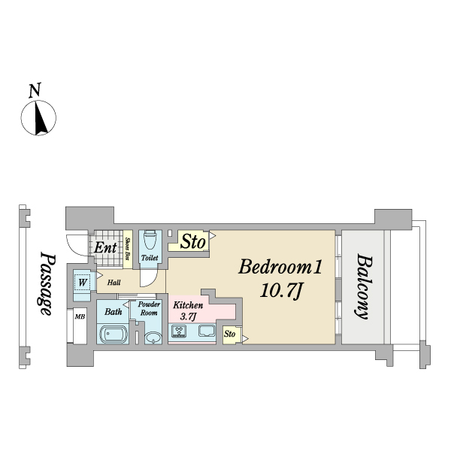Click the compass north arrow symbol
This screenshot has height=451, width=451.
(38, 118)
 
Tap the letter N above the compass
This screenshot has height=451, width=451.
(35, 90)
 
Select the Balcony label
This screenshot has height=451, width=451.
(363, 286)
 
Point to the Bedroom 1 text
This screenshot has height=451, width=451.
(280, 267)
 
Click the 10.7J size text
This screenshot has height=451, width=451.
(281, 291)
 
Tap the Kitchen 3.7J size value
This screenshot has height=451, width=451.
(189, 316)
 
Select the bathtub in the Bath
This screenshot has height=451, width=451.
(114, 334)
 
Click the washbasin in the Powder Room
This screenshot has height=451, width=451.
(153, 337)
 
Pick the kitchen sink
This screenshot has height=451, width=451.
(207, 331)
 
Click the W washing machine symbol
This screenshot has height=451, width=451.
(82, 283)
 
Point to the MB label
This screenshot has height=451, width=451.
(80, 316)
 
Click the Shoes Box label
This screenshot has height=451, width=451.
(128, 249)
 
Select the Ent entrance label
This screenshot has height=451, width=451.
(105, 247)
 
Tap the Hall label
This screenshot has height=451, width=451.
(114, 283)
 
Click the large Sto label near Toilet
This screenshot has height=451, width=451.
(193, 241)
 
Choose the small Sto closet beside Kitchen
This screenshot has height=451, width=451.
(232, 334)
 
